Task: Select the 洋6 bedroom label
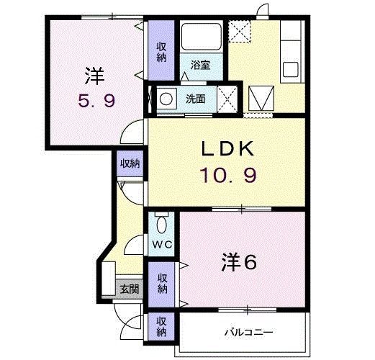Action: [x=238, y=261]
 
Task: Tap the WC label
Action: [x=161, y=244]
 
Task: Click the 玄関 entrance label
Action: [x=130, y=289]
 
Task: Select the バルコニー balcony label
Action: [x=248, y=333]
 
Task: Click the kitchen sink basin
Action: [x=291, y=71]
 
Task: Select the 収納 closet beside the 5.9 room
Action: [x=162, y=50]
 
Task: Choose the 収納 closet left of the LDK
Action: [x=130, y=163]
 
